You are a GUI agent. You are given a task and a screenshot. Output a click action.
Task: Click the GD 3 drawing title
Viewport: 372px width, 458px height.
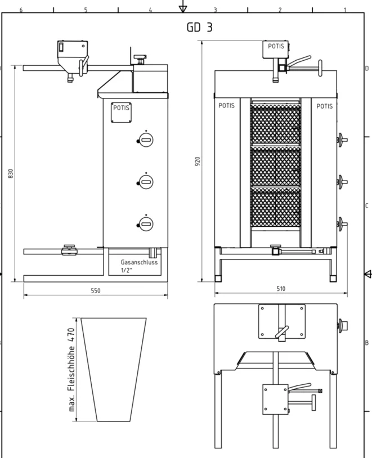[x=200, y=27]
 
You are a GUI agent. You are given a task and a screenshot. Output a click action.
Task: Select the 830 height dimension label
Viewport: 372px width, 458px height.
[x=11, y=173]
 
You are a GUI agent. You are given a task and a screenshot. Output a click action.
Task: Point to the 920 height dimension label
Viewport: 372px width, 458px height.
[x=198, y=161]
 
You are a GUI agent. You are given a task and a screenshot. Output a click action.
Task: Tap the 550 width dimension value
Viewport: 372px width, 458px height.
[x=96, y=291]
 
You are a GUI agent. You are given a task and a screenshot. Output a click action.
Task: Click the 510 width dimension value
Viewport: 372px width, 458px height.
[x=281, y=289]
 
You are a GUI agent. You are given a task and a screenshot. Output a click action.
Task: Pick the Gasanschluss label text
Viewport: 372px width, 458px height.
[x=139, y=262]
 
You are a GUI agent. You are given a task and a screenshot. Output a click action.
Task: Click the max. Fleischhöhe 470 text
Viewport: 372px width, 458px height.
[x=71, y=370]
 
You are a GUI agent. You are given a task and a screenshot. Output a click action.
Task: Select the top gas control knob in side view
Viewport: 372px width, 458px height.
[x=145, y=140]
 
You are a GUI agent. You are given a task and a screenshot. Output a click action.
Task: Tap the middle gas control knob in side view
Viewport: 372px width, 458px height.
[x=145, y=182]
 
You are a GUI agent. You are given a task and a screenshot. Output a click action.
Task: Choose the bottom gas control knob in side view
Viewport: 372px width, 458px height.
[x=145, y=224]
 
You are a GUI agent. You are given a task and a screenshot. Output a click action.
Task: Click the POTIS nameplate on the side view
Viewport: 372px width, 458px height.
[x=121, y=113]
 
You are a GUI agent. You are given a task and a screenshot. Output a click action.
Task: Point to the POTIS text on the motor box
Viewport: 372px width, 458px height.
[x=276, y=46]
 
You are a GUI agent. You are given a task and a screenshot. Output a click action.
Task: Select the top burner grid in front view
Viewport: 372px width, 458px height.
[x=276, y=125]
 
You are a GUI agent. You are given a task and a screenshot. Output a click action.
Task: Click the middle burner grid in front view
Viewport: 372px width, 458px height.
[x=276, y=166]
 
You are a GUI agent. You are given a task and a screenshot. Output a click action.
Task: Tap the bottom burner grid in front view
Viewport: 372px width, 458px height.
[x=276, y=208]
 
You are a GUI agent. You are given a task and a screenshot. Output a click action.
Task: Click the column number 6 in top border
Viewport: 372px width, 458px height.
[x=21, y=10]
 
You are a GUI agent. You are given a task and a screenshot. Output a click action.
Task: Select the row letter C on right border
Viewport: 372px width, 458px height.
[x=367, y=205]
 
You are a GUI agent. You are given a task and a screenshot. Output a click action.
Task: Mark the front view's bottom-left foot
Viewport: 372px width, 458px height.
[x=218, y=279]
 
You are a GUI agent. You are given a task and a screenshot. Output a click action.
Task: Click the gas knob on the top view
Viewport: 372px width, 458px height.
[x=343, y=325]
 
